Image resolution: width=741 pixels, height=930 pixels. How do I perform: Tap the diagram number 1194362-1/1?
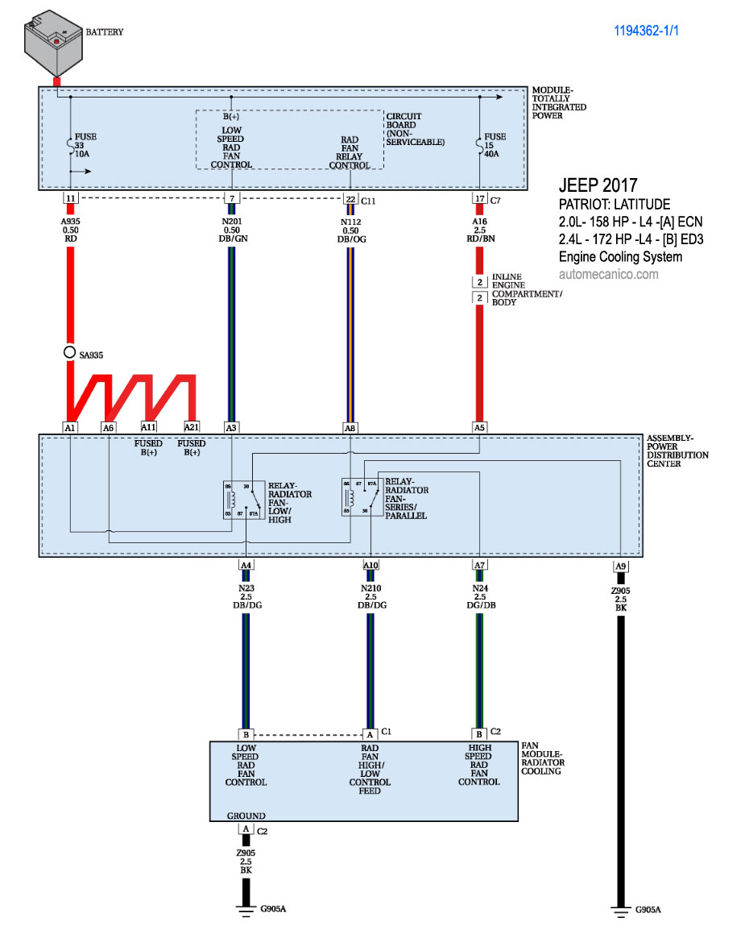[x=651, y=32]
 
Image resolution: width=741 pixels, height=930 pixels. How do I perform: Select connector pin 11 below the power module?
[x=70, y=198]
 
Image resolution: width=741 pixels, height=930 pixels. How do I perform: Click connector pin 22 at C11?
[x=350, y=198]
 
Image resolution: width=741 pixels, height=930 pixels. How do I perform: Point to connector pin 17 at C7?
[x=480, y=198]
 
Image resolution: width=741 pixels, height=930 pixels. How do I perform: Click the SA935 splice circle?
[x=70, y=353]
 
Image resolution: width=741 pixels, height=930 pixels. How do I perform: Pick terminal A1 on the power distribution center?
[x=70, y=427]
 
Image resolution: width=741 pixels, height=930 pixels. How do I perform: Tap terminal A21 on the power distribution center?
[x=192, y=427]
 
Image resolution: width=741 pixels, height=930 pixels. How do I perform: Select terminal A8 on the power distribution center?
[x=350, y=427]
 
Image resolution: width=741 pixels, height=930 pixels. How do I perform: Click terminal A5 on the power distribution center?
[x=480, y=427]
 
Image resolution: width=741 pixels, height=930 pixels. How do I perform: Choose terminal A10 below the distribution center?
[x=370, y=565]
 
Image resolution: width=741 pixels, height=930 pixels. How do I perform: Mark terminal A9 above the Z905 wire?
[x=620, y=565]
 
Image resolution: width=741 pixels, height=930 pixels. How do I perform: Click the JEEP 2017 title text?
[x=598, y=185]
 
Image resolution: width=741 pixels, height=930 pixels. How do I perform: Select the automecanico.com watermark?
[x=608, y=274]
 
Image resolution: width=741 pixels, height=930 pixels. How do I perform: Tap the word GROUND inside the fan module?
[x=246, y=816]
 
